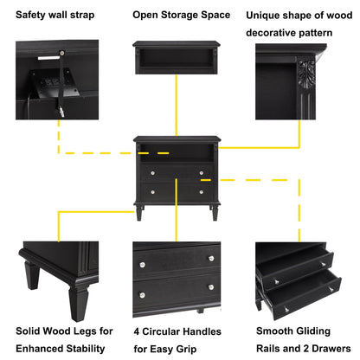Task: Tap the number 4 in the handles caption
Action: [x=136, y=331]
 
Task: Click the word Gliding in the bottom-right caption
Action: [x=310, y=331]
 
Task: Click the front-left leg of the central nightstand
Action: [x=139, y=212]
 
